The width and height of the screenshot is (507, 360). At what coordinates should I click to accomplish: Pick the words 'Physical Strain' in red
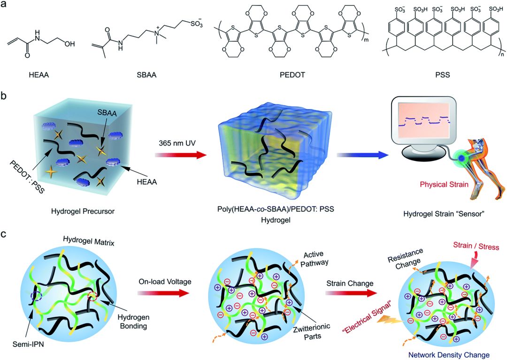(445, 184)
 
